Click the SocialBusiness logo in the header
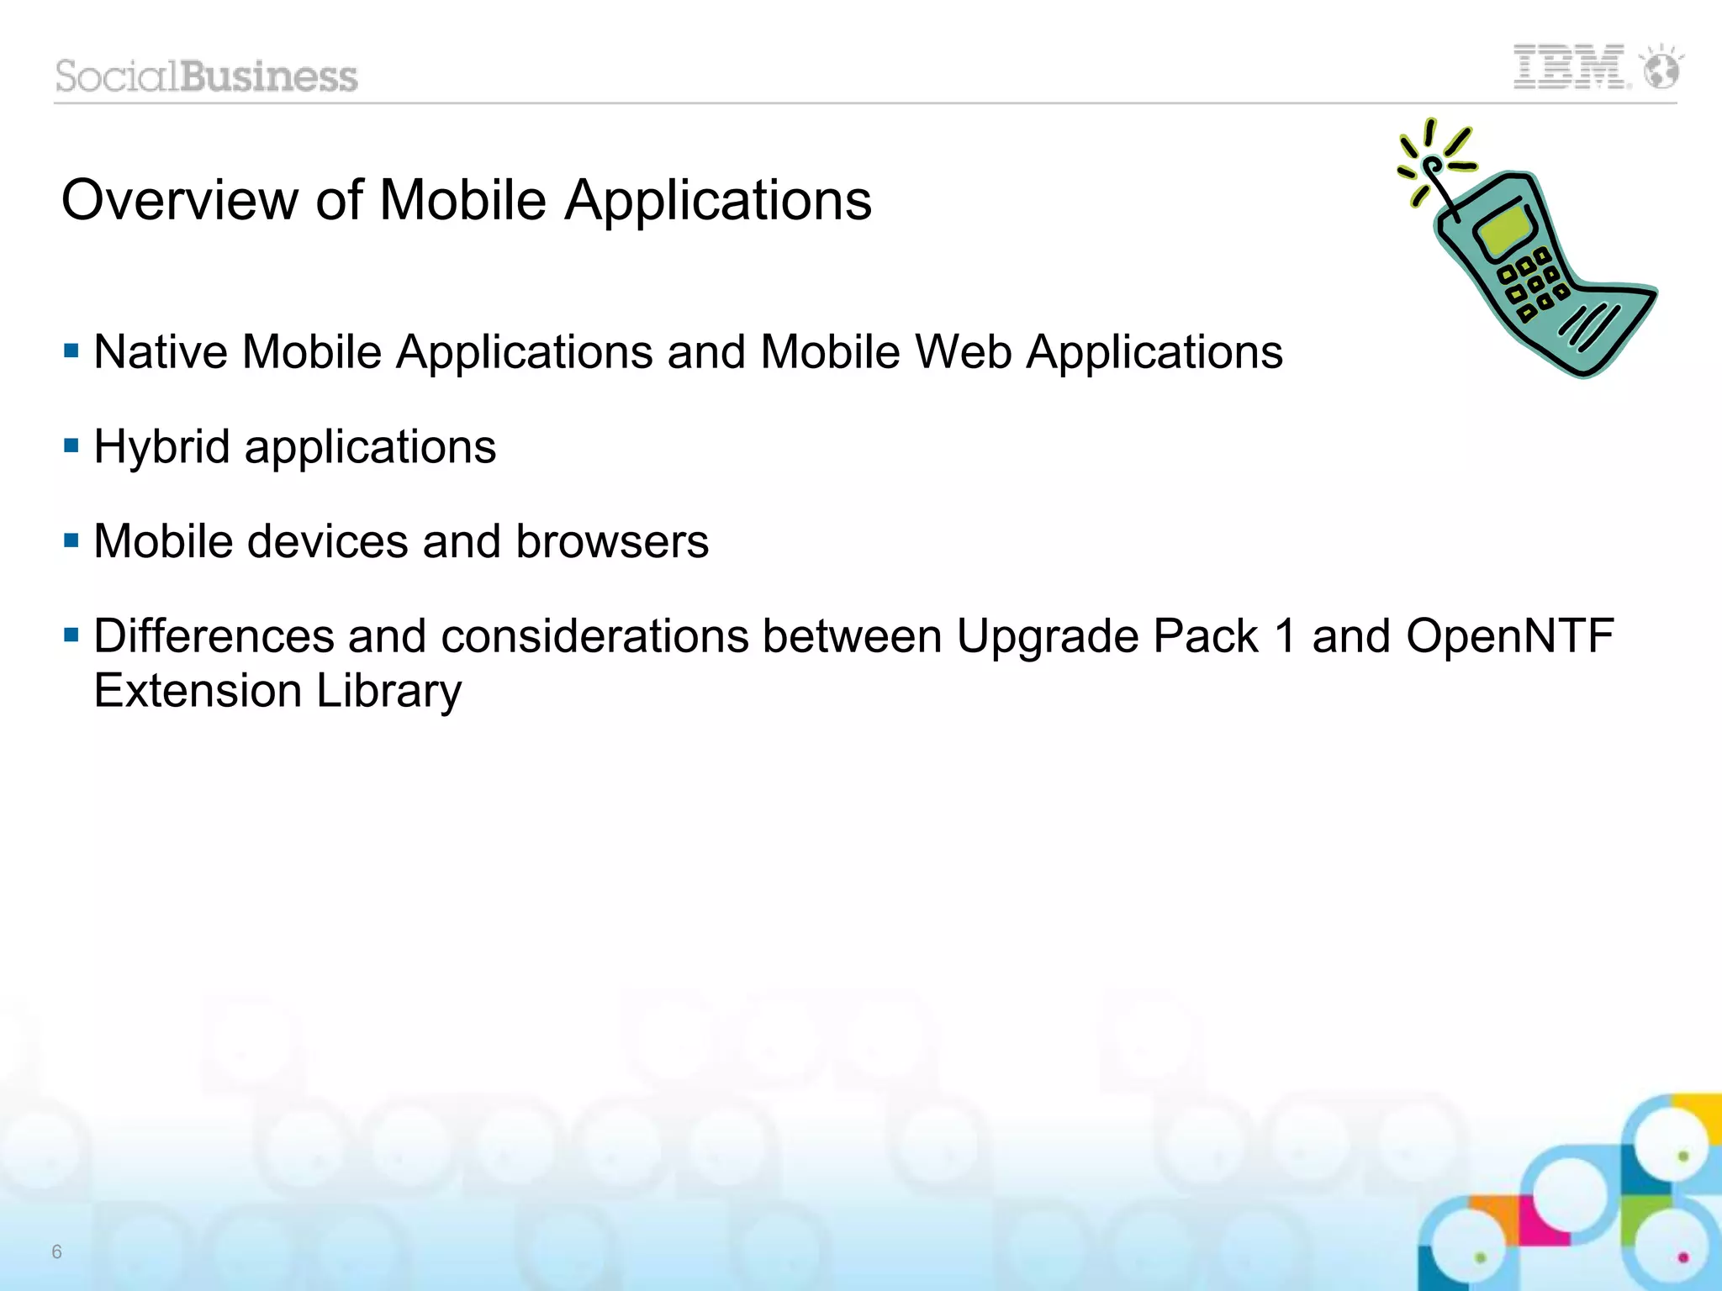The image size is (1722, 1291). [207, 76]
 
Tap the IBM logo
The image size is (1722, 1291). [1569, 67]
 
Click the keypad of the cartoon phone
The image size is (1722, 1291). [1533, 284]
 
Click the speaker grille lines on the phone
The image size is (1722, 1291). [1589, 326]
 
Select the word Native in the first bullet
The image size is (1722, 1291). [160, 351]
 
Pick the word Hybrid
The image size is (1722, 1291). [161, 446]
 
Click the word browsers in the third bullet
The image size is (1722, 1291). [611, 541]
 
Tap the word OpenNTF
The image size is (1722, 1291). [1509, 636]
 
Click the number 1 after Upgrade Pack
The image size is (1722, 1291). [1285, 636]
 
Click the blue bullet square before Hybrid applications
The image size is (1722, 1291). [71, 445]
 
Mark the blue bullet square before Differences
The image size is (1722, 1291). [71, 634]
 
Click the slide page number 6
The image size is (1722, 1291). [56, 1251]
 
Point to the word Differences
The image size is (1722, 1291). [214, 636]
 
